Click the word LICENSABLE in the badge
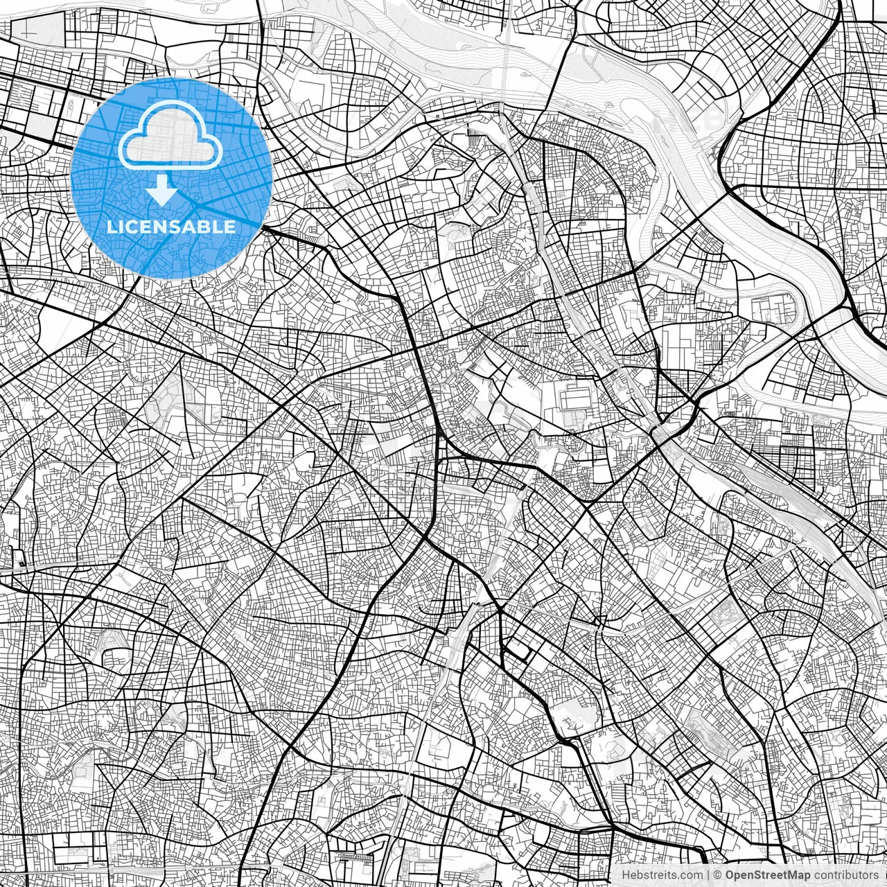(x=170, y=227)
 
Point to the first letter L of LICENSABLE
(x=111, y=227)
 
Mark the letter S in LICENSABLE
(x=176, y=227)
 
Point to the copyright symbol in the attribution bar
(x=719, y=875)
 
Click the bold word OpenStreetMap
(x=769, y=875)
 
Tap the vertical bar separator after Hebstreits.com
(x=708, y=875)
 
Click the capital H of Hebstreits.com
(x=625, y=875)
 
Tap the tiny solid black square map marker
(x=21, y=563)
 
